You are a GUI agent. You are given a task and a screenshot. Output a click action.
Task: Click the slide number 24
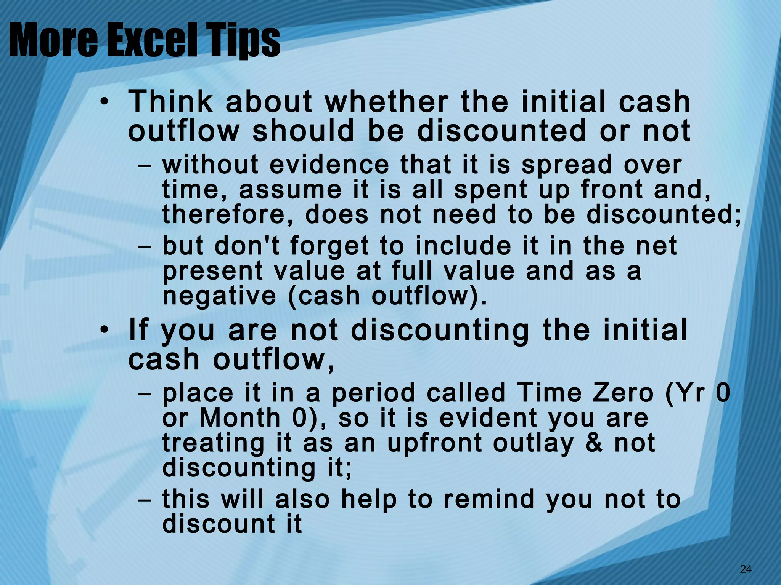(x=746, y=569)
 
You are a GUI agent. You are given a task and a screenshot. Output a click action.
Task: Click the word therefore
(x=228, y=214)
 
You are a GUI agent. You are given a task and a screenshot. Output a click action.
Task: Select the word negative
(x=219, y=296)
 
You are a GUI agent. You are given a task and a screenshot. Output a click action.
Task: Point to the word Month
(x=240, y=418)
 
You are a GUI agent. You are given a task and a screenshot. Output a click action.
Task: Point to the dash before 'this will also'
(x=144, y=500)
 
